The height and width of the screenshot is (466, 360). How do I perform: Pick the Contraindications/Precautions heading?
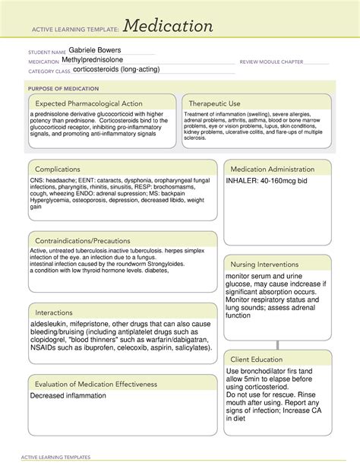click(x=81, y=241)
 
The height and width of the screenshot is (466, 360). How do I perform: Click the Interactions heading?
click(x=58, y=312)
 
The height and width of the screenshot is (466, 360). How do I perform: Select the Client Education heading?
click(x=257, y=359)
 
